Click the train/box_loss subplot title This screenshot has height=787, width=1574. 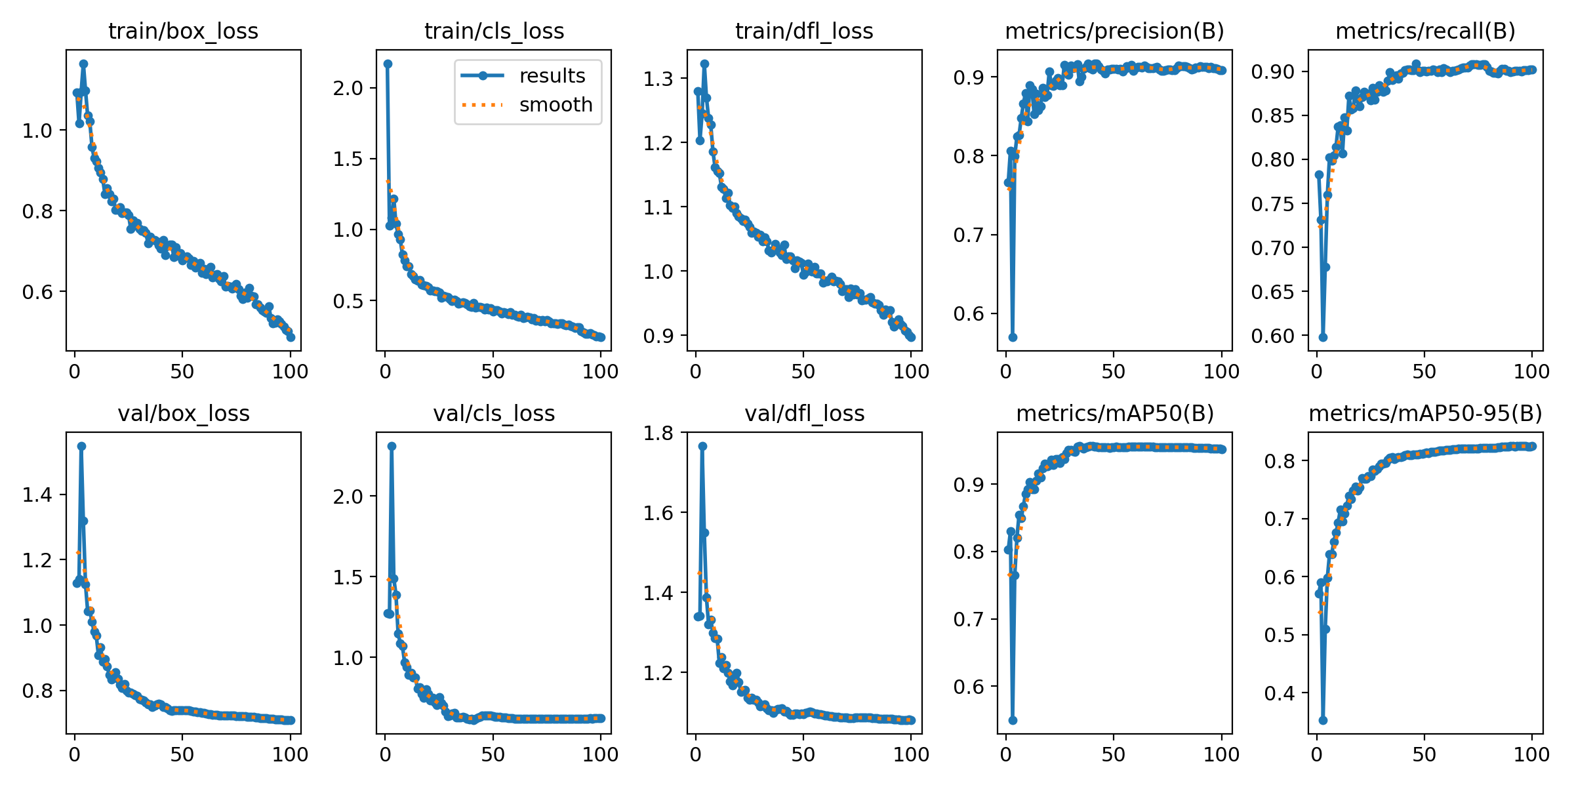click(x=183, y=31)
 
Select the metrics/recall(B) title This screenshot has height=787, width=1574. click(x=1425, y=31)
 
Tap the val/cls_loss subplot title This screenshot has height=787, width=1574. click(x=494, y=413)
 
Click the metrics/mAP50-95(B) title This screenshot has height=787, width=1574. click(x=1425, y=413)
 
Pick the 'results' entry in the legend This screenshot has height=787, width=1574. click(x=552, y=76)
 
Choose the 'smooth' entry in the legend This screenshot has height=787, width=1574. click(x=555, y=105)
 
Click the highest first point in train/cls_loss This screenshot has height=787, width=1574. click(x=388, y=64)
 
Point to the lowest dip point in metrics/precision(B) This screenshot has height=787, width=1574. click(x=1013, y=337)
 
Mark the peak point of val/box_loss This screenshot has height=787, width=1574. click(x=81, y=446)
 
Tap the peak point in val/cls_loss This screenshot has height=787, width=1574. click(x=392, y=446)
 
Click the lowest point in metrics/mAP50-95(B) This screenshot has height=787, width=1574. click(x=1323, y=720)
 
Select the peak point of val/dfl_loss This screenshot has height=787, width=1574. click(x=702, y=446)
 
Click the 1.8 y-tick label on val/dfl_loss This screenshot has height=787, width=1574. click(x=658, y=433)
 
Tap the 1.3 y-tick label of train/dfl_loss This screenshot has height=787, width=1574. click(x=658, y=79)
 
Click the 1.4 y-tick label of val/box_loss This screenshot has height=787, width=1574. click(x=37, y=494)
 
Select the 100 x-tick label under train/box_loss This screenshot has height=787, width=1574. click(x=290, y=372)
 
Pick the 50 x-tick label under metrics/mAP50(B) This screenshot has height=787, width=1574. click(x=1114, y=754)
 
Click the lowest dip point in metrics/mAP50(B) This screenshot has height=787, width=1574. click(x=1013, y=720)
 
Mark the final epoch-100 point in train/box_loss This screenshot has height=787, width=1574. click(x=291, y=337)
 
